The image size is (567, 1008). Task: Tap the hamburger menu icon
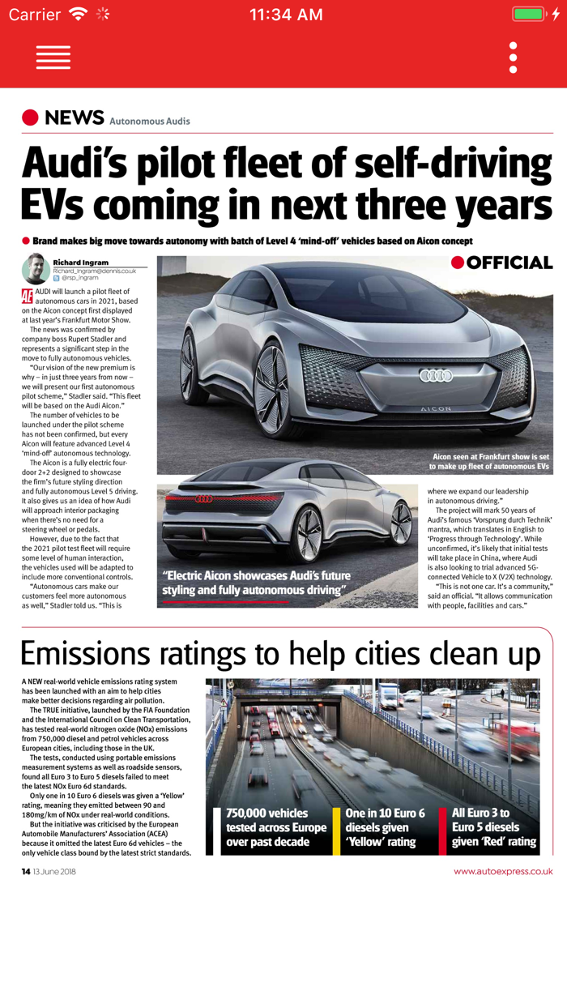pyautogui.click(x=53, y=58)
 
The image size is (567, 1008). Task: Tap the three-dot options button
pyautogui.click(x=513, y=58)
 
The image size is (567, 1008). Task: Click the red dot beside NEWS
pyautogui.click(x=31, y=118)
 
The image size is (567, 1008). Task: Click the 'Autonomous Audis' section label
pyautogui.click(x=150, y=122)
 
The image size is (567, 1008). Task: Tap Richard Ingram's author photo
pyautogui.click(x=36, y=269)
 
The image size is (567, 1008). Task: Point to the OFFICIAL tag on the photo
pyautogui.click(x=502, y=263)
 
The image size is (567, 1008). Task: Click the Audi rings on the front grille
pyautogui.click(x=436, y=375)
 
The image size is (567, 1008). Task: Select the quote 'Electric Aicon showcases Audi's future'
pyautogui.click(x=256, y=576)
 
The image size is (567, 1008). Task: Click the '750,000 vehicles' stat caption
pyautogui.click(x=267, y=813)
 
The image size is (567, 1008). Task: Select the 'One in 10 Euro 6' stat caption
pyautogui.click(x=385, y=813)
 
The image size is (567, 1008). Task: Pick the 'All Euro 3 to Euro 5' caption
pyautogui.click(x=481, y=813)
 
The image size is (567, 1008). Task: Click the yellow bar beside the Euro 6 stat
pyautogui.click(x=336, y=831)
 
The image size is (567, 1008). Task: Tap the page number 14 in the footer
pyautogui.click(x=26, y=872)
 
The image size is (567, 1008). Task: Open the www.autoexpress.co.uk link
pyautogui.click(x=503, y=872)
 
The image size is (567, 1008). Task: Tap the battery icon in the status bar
pyautogui.click(x=530, y=15)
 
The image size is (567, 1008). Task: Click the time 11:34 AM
pyautogui.click(x=286, y=15)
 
